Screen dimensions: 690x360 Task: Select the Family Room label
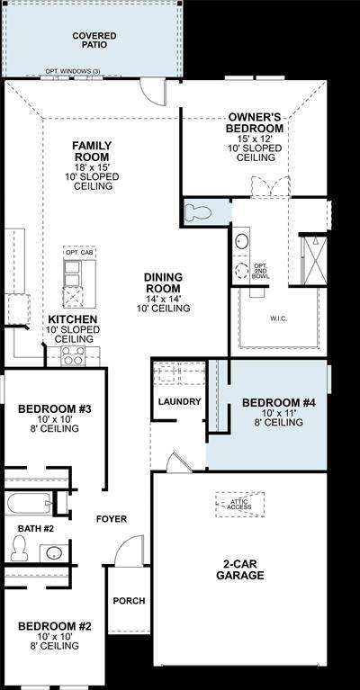tap(91, 150)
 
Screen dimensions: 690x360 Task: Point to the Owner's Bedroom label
tap(256, 122)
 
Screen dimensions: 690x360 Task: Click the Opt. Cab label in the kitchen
tap(75, 253)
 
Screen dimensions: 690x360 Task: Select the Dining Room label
tap(163, 282)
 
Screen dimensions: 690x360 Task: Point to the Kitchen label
tap(73, 319)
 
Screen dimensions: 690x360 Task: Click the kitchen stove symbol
tap(72, 357)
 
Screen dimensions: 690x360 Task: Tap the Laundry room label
tap(179, 401)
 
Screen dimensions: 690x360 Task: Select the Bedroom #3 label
tap(55, 409)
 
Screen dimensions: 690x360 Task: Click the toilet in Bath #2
tap(20, 545)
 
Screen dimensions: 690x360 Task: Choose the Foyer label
tap(112, 519)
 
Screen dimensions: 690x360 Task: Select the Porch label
tap(128, 601)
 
